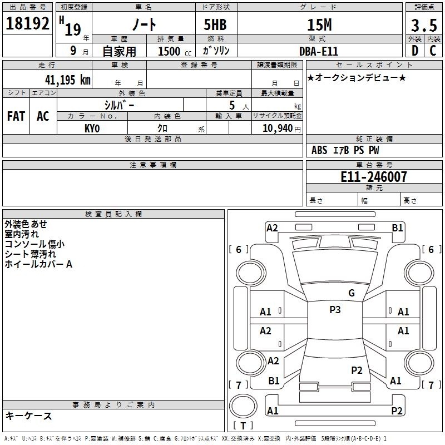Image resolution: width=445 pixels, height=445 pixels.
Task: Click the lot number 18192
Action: pos(27,23)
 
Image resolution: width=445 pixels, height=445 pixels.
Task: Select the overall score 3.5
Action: pos(424,25)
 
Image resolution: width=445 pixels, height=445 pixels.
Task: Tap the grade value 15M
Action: pos(319,25)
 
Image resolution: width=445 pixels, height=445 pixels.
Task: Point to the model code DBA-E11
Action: pos(319,51)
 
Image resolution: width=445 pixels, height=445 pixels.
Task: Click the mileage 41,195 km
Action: pos(68,80)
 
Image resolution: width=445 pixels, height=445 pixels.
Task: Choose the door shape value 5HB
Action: pos(215,24)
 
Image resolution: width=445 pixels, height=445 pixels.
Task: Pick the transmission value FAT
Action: pos(16,116)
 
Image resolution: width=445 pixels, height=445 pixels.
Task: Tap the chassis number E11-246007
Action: pos(374,177)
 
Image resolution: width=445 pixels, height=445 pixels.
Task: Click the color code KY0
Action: pos(92,128)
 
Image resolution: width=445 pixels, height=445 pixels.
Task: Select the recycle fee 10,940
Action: pos(278,128)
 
